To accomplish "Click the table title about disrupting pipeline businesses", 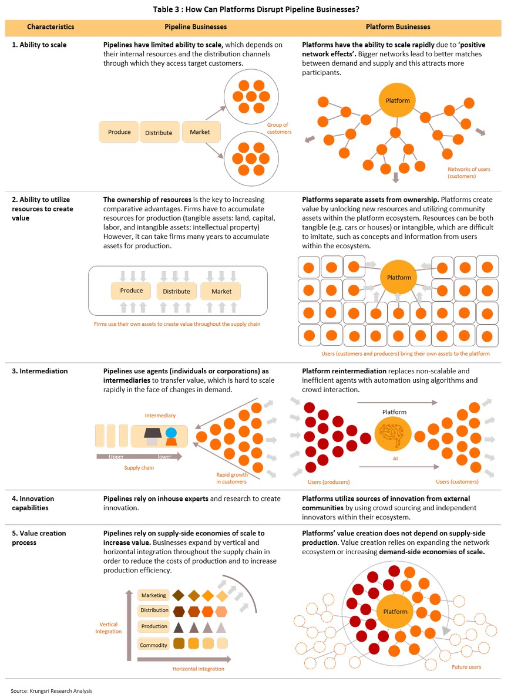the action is click(255, 9).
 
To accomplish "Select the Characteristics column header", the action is click(51, 26).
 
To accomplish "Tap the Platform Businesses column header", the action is click(398, 26).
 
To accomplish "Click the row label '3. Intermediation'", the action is click(40, 371).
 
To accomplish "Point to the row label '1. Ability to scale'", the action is click(39, 45).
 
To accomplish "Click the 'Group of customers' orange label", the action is click(279, 128).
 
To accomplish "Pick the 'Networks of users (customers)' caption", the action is click(469, 173).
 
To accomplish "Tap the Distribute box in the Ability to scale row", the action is click(159, 132).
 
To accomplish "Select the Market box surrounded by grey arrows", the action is click(221, 291).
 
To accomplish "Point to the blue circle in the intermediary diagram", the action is click(171, 433).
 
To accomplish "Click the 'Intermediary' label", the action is click(160, 415).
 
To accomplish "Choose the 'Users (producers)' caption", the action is click(329, 481).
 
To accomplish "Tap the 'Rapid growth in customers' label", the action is click(231, 478).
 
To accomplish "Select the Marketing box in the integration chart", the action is click(153, 595).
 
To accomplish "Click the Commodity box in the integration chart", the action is click(153, 645).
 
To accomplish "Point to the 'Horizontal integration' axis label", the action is click(199, 669).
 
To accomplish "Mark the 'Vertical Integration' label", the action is click(108, 628).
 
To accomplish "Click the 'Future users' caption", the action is click(466, 667).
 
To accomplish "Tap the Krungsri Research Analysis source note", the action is click(52, 691).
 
